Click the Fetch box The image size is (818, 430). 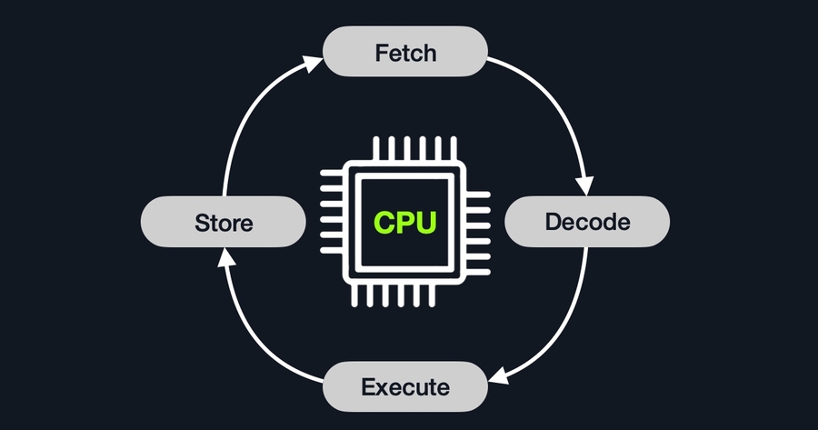coord(405,52)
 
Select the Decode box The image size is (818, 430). coord(586,221)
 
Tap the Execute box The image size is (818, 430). coord(405,386)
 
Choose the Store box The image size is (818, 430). coord(223,221)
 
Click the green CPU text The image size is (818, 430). coord(405,221)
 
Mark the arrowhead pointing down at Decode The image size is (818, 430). coord(588,185)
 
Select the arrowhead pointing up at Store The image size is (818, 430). coord(223,257)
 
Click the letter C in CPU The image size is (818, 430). coord(383,221)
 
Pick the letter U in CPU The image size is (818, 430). coord(428,221)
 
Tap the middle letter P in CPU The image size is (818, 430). coord(405,221)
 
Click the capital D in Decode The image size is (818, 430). coord(553,221)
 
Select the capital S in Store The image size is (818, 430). coord(202,222)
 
